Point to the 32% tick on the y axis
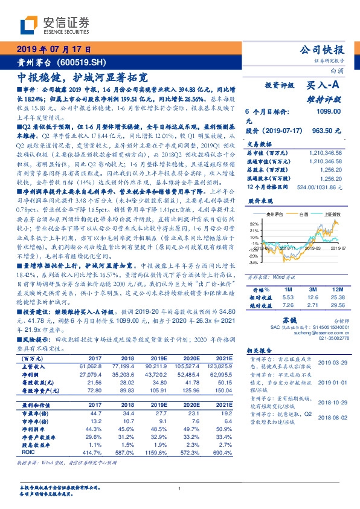[253, 223]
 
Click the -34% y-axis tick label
[253, 263]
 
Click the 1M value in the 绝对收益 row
[288, 305]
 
